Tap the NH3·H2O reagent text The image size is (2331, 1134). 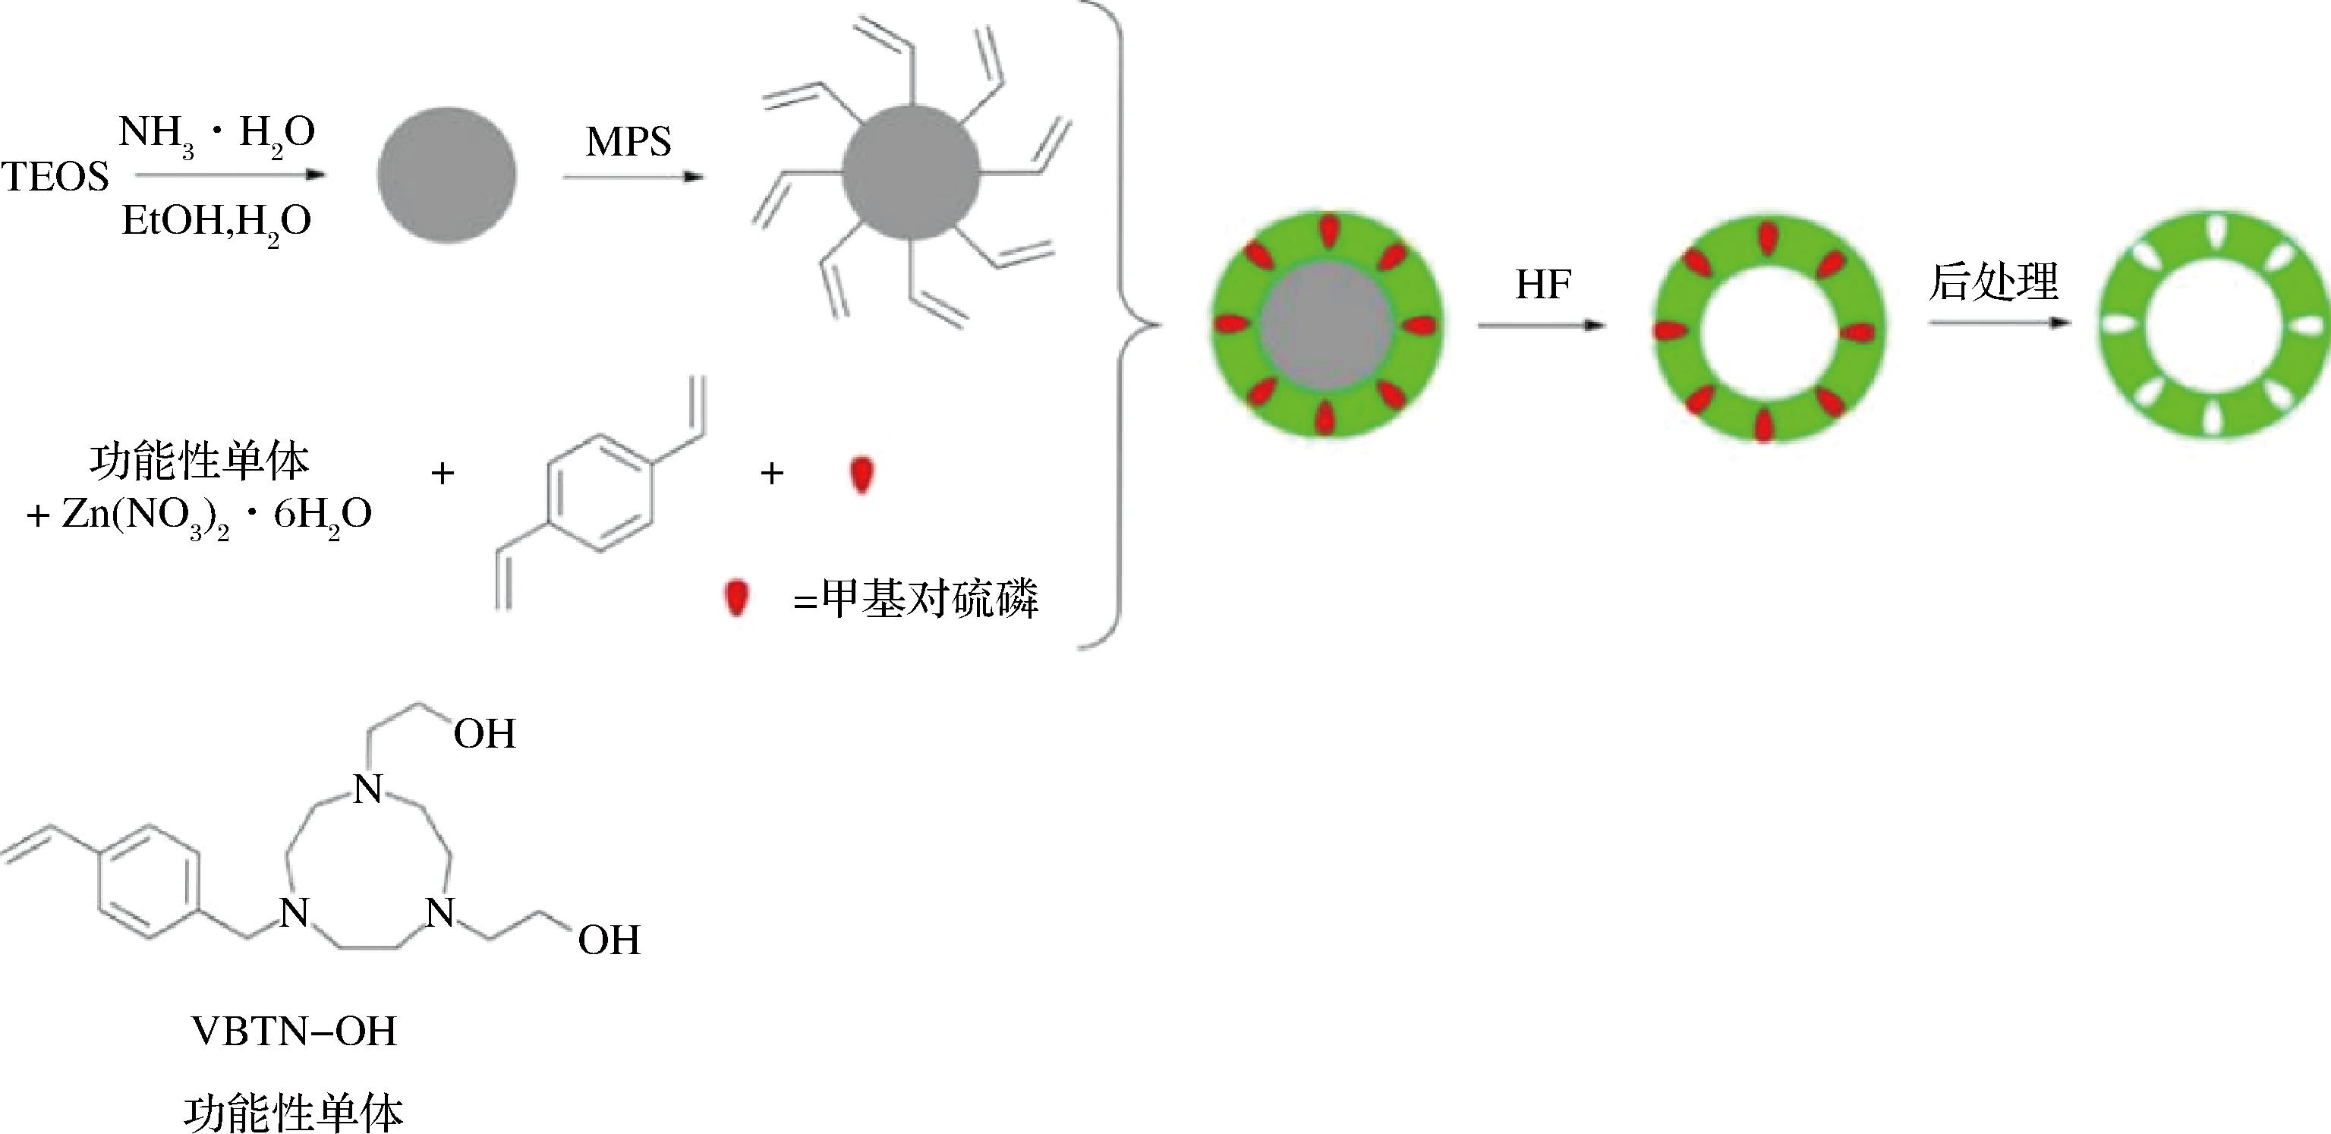[x=217, y=134]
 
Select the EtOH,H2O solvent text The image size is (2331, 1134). [x=217, y=222]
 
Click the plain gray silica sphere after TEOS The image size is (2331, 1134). [x=447, y=175]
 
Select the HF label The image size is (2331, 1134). [x=1543, y=285]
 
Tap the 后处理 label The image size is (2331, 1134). [x=1992, y=282]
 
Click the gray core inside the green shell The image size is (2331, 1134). [x=1327, y=326]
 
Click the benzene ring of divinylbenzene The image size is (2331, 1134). [x=599, y=494]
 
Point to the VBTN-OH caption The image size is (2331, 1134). [x=295, y=1032]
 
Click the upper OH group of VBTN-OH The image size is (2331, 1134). [x=484, y=734]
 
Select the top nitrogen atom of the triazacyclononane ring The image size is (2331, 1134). [x=367, y=790]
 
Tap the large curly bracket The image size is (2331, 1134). [x=1122, y=324]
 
